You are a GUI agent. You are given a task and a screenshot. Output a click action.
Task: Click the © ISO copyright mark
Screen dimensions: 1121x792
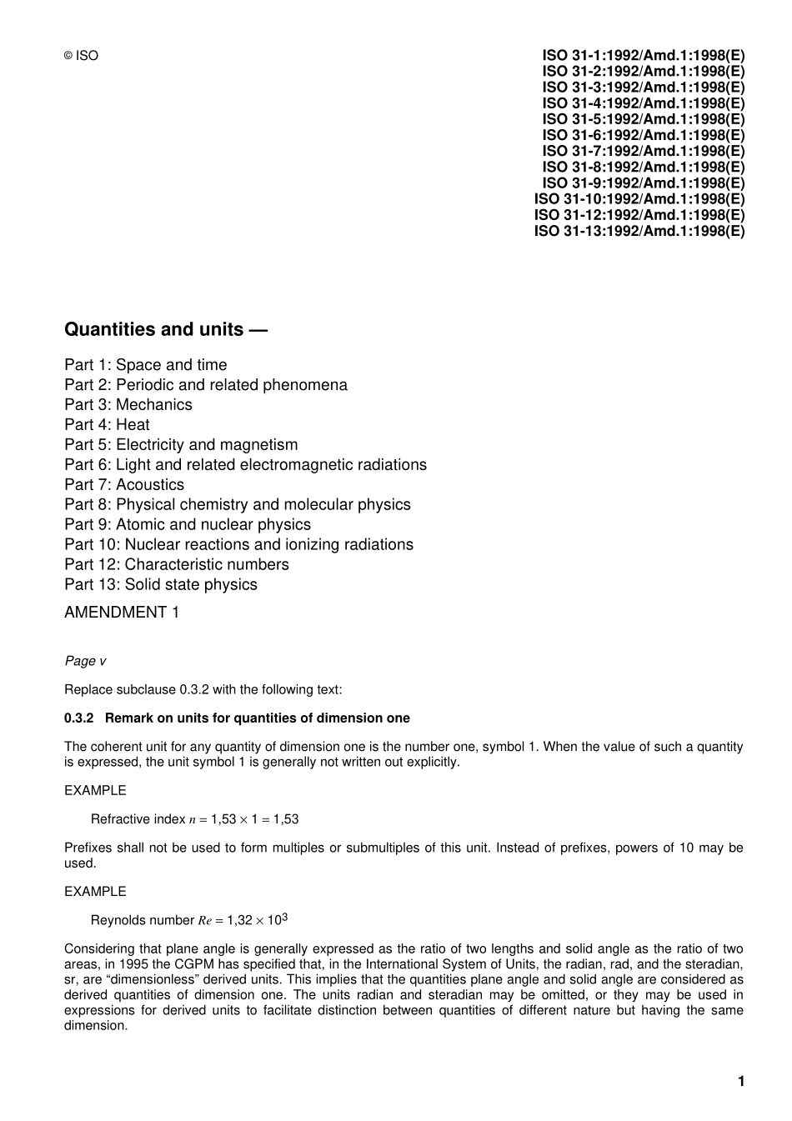[x=81, y=56]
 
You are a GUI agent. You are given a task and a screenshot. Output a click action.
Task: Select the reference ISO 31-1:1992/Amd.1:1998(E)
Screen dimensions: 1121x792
[x=643, y=56]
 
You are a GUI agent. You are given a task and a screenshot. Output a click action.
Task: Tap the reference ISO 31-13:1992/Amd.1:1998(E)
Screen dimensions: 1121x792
[x=639, y=231]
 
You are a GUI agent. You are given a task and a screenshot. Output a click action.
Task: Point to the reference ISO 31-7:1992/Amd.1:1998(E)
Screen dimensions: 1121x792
[x=643, y=151]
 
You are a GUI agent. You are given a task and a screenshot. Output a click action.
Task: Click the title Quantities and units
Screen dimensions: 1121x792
[x=166, y=329]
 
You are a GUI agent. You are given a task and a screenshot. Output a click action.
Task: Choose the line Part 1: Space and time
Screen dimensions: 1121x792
[x=145, y=365]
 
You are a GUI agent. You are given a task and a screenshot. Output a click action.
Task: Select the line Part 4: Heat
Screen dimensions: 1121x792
[x=107, y=425]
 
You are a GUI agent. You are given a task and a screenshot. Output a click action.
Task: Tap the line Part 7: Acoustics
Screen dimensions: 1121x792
[x=124, y=485]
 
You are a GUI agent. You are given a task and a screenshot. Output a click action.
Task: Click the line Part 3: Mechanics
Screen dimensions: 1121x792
[x=128, y=405]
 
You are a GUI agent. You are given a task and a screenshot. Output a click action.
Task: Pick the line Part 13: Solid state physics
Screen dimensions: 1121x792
[x=161, y=585]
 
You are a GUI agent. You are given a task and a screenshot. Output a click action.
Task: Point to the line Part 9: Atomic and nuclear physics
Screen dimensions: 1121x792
[x=188, y=525]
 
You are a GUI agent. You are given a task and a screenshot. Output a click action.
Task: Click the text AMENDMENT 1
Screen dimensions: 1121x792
[x=122, y=613]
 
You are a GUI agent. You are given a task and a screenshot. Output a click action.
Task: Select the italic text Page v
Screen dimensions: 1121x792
[x=85, y=661]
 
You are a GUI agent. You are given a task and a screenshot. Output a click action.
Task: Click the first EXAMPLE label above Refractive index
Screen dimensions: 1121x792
[x=95, y=790]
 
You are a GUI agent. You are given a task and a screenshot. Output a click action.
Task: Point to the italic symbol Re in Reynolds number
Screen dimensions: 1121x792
[x=206, y=921]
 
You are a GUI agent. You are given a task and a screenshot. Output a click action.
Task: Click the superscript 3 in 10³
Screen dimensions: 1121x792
[x=285, y=917]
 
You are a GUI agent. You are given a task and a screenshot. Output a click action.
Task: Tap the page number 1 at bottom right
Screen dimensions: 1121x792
[x=740, y=1082]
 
